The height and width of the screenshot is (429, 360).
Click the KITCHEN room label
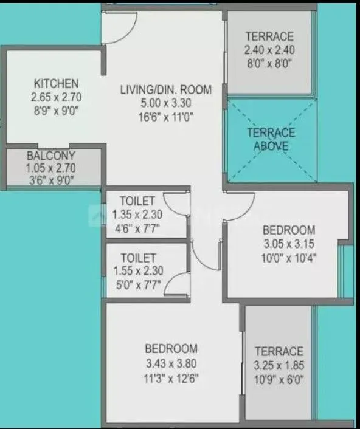57,83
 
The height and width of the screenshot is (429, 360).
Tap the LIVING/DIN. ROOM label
166,90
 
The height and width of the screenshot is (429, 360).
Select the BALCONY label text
51,155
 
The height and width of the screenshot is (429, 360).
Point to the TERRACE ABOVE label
271,139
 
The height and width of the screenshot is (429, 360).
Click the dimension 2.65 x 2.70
57,97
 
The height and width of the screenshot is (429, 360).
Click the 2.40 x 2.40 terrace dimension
269,50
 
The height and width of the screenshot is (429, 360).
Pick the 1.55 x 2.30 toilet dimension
137,272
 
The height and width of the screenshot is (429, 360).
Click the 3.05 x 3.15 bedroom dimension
288,243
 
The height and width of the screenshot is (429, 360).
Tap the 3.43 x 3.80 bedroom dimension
171,363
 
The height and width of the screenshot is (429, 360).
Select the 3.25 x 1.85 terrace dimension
279,366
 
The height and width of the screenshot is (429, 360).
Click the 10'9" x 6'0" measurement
279,380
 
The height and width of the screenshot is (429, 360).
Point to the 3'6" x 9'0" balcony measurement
51,179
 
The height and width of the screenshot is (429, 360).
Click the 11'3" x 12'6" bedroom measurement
171,377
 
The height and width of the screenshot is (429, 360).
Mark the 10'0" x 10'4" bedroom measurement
288,256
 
